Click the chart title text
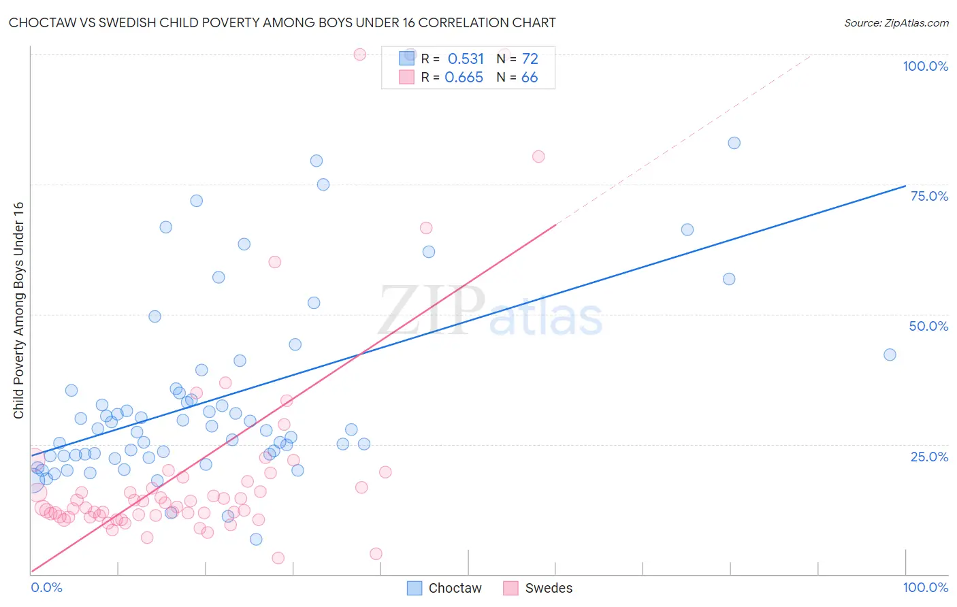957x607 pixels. click(282, 22)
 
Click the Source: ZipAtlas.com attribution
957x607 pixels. click(896, 22)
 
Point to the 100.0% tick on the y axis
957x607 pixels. click(925, 66)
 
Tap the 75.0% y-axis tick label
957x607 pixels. click(929, 196)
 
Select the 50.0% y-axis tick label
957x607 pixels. click(928, 326)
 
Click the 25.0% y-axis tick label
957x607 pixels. click(929, 457)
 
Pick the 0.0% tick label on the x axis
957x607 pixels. click(46, 587)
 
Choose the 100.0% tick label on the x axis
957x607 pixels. click(925, 587)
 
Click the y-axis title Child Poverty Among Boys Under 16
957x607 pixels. click(18, 310)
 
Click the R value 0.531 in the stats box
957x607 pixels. click(466, 59)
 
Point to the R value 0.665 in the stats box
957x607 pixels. click(464, 78)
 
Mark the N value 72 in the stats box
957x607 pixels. click(530, 59)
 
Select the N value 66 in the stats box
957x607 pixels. click(529, 78)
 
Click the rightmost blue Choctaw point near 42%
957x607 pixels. click(890, 355)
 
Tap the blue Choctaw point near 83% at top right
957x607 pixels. click(734, 143)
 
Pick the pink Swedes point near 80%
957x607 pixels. click(538, 157)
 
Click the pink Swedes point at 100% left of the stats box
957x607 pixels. click(360, 54)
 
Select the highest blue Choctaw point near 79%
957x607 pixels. click(317, 161)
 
